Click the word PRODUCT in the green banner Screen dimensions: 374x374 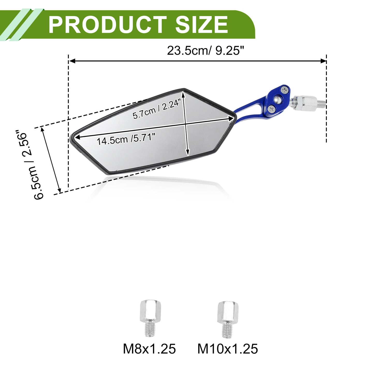(x=108, y=25)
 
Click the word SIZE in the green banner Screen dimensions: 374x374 (x=202, y=25)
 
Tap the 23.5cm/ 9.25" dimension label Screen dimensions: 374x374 (x=205, y=50)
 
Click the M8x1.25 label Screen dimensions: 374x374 (x=149, y=349)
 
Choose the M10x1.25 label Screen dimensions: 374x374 (x=228, y=349)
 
